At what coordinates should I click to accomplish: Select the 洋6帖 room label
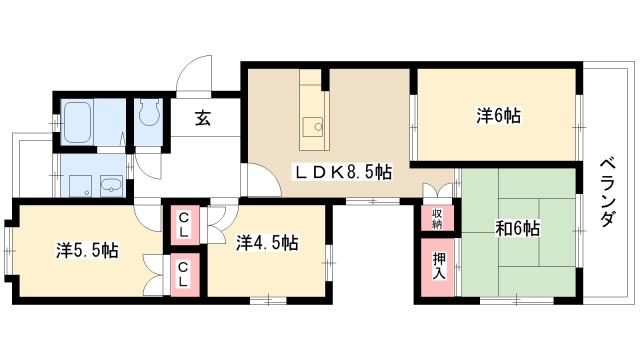tap(497, 115)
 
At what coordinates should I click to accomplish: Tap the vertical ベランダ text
tap(607, 193)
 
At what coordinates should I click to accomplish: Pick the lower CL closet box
tap(185, 272)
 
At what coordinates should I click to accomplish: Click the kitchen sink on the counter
tap(313, 126)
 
